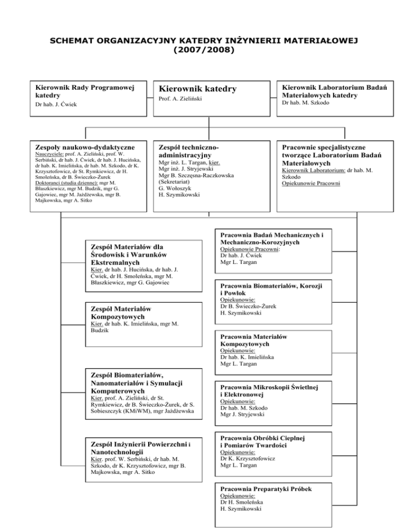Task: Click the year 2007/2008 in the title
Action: tap(204, 50)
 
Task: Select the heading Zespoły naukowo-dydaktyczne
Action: tap(84, 147)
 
